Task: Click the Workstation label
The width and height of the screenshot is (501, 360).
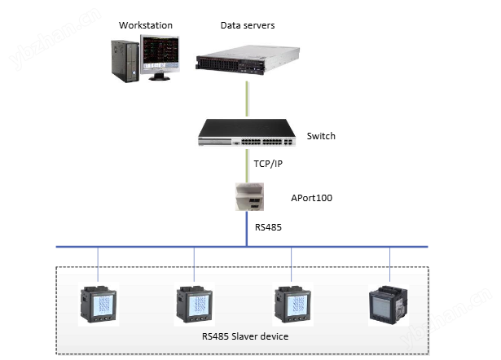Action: pyautogui.click(x=143, y=26)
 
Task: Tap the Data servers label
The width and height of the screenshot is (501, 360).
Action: pyautogui.click(x=248, y=26)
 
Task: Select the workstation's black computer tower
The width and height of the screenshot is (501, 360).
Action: pyautogui.click(x=125, y=59)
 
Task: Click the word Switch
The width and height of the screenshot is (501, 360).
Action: pyautogui.click(x=321, y=136)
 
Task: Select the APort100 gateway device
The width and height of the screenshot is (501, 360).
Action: pyautogui.click(x=247, y=196)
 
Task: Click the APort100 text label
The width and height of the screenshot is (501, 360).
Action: pyautogui.click(x=311, y=197)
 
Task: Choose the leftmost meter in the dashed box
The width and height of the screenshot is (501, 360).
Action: pyautogui.click(x=98, y=305)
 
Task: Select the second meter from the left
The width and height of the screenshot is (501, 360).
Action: pyautogui.click(x=194, y=305)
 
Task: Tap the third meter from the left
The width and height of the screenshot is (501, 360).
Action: pyautogui.click(x=292, y=305)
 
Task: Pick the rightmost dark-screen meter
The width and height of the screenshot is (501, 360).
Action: pyautogui.click(x=389, y=305)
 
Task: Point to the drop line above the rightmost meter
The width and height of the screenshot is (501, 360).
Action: pyautogui.click(x=389, y=264)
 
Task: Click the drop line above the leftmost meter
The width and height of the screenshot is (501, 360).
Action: pyautogui.click(x=98, y=264)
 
